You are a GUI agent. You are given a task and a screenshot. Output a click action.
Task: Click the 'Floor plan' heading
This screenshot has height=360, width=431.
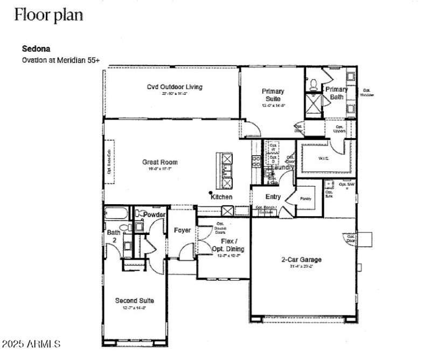[x=48, y=15]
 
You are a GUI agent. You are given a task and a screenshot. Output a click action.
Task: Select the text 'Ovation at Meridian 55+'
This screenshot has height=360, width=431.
[x=60, y=60]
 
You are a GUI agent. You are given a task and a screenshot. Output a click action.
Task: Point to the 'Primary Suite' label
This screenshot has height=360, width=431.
[x=273, y=95]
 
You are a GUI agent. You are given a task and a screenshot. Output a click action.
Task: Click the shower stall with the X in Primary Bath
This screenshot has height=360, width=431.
[x=313, y=102]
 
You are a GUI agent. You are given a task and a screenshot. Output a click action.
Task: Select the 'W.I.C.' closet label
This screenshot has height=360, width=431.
[x=324, y=158]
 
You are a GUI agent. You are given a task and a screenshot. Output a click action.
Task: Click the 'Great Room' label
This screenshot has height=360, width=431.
[x=159, y=162]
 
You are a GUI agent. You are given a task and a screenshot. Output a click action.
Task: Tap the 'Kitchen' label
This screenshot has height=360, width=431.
[x=221, y=197]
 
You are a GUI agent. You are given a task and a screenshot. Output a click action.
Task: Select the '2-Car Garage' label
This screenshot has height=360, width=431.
[x=302, y=260]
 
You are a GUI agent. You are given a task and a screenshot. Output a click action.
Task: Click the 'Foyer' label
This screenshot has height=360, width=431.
[x=182, y=230]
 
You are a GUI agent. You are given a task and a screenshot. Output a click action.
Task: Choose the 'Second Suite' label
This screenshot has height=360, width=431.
[x=135, y=300]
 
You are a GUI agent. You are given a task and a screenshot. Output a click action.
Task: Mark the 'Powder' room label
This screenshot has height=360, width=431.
[x=154, y=214]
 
